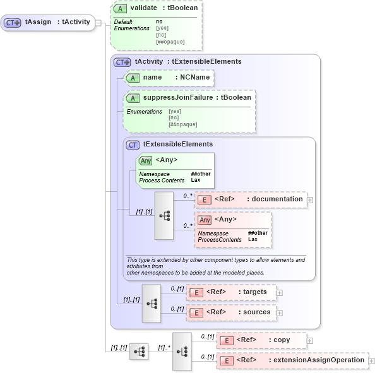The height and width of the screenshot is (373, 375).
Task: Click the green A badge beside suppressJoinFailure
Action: [133, 98]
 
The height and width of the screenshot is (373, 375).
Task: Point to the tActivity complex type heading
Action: [188, 61]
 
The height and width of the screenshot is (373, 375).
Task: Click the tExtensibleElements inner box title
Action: [177, 145]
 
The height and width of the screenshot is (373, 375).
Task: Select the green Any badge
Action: [146, 160]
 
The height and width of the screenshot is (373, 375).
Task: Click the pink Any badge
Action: [205, 220]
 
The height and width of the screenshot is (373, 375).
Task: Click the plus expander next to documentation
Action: [310, 200]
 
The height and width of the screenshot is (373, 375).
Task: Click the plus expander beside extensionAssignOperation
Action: [372, 360]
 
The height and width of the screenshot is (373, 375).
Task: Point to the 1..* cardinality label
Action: [164, 347]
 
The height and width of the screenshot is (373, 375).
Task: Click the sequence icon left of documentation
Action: [164, 215]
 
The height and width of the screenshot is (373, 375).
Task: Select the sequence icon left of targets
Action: [152, 303]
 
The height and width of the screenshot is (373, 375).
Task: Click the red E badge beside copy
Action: [226, 340]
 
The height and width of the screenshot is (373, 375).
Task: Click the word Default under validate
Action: [123, 22]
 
